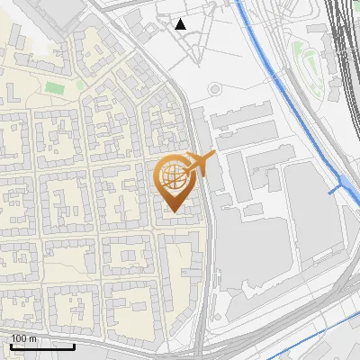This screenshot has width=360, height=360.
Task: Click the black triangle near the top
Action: point(181,24)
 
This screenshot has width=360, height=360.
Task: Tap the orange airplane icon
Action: point(201,163)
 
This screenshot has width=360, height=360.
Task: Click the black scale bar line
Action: point(42,346)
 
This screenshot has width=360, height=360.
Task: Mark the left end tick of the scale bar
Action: point(11,344)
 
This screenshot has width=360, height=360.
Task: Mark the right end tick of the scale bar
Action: point(75,344)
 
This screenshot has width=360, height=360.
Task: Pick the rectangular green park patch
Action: point(55,88)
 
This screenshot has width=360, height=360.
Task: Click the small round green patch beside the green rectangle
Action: point(80,85)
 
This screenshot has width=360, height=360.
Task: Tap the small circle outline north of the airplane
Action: point(214,89)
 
